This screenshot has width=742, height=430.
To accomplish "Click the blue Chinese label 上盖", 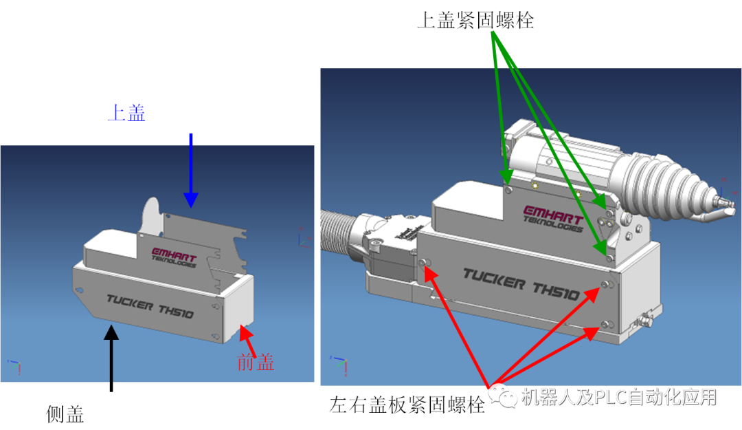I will pyautogui.click(x=126, y=113).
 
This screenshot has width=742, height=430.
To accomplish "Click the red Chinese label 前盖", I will pyautogui.click(x=256, y=362).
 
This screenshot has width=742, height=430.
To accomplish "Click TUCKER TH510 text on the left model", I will pyautogui.click(x=150, y=306).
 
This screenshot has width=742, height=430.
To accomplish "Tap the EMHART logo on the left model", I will pyautogui.click(x=175, y=255).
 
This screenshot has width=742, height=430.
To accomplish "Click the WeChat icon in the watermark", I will pyautogui.click(x=503, y=396).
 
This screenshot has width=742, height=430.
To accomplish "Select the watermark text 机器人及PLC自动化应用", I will pyautogui.click(x=618, y=397).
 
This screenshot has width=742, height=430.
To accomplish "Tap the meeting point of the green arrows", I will pyautogui.click(x=494, y=32).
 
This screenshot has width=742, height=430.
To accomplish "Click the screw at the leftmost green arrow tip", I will pyautogui.click(x=507, y=187).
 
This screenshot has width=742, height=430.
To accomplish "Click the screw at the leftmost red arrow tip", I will pyautogui.click(x=423, y=263).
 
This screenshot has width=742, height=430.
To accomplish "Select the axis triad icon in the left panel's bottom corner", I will pyautogui.click(x=14, y=365).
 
